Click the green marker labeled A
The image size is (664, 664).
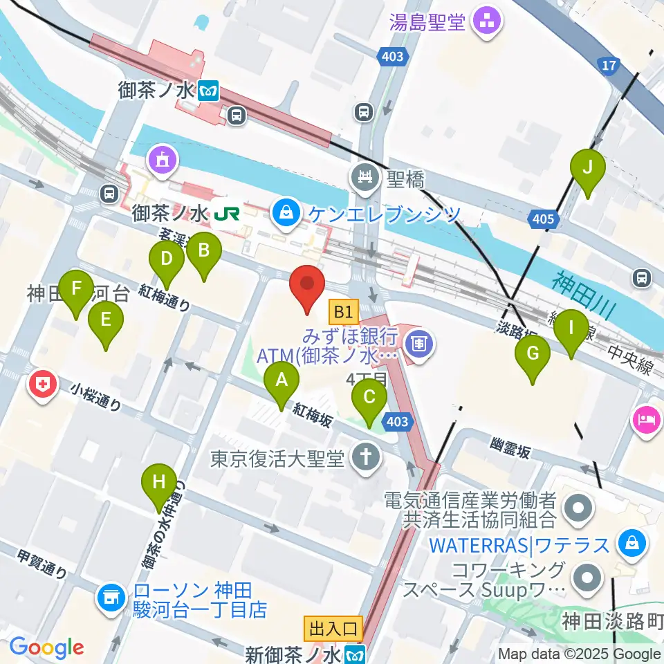(282, 382)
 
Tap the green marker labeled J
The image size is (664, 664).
(588, 170)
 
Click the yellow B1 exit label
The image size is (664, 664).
(344, 311)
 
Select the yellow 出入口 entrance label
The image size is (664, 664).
(333, 629)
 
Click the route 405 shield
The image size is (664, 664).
(543, 220)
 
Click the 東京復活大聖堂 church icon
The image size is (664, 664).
(362, 458)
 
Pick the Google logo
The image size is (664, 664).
(46, 648)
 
